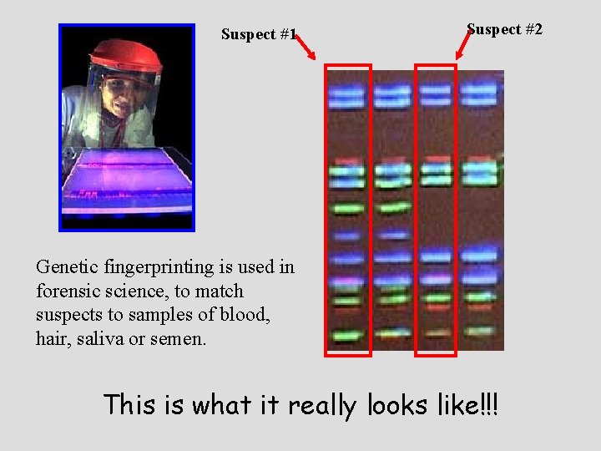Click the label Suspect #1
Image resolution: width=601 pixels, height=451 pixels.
pos(259,34)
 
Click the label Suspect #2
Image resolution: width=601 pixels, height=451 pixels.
pos(504,29)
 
